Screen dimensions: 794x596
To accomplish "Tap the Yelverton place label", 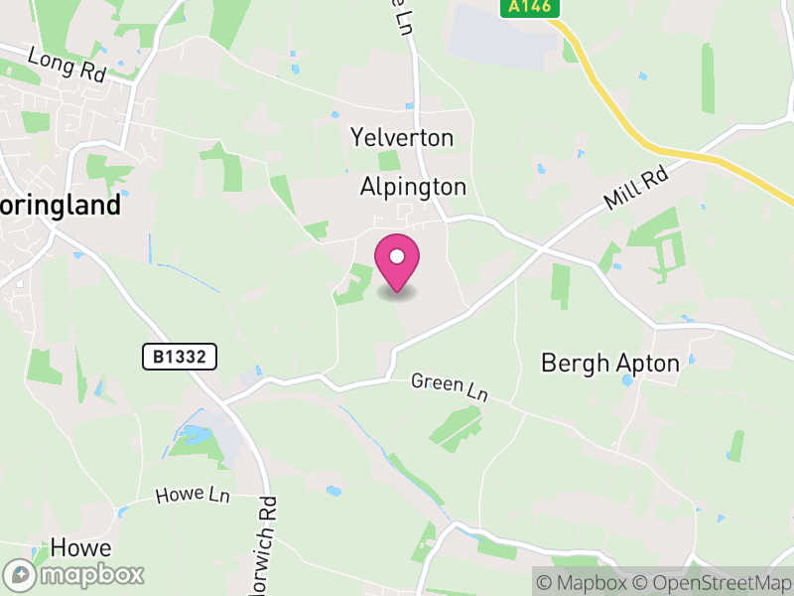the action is pos(402,137).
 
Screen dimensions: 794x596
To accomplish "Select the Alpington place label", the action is pos(413,187).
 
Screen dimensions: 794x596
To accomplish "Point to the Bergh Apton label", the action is pos(610,364).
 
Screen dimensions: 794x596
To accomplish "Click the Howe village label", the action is pos(80,548).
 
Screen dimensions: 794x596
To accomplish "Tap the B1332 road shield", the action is pos(179,357).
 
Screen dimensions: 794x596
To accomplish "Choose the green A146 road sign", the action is pos(529,7).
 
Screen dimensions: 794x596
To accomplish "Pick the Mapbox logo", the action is pos(74,575).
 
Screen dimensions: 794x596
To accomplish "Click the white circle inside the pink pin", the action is pos(397,257).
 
